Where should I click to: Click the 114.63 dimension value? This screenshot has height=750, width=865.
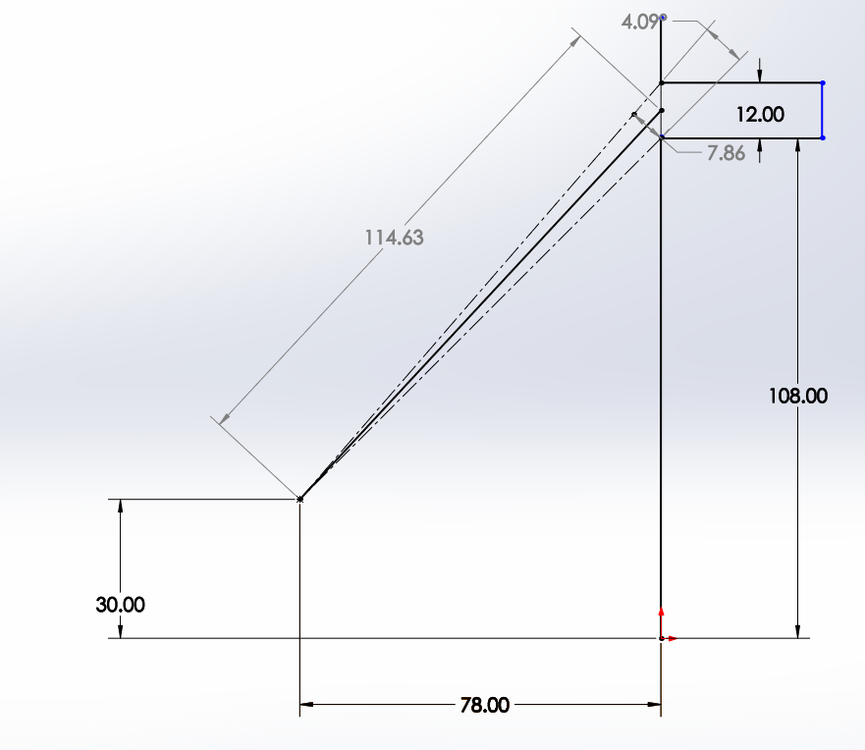tap(394, 238)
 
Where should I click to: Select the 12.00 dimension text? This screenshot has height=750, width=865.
tap(760, 114)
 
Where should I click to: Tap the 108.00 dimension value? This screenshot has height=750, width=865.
tap(798, 396)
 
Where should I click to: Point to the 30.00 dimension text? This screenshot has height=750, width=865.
tap(120, 605)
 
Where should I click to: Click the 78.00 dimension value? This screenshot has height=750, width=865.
tap(484, 705)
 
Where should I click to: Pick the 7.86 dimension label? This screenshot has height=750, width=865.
tap(726, 153)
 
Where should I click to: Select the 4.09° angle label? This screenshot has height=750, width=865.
tap(640, 22)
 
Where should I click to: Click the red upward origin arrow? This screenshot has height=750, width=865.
tap(661, 621)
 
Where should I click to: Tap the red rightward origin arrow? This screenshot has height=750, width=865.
tap(670, 639)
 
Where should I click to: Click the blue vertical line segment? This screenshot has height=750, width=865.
tap(823, 110)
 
